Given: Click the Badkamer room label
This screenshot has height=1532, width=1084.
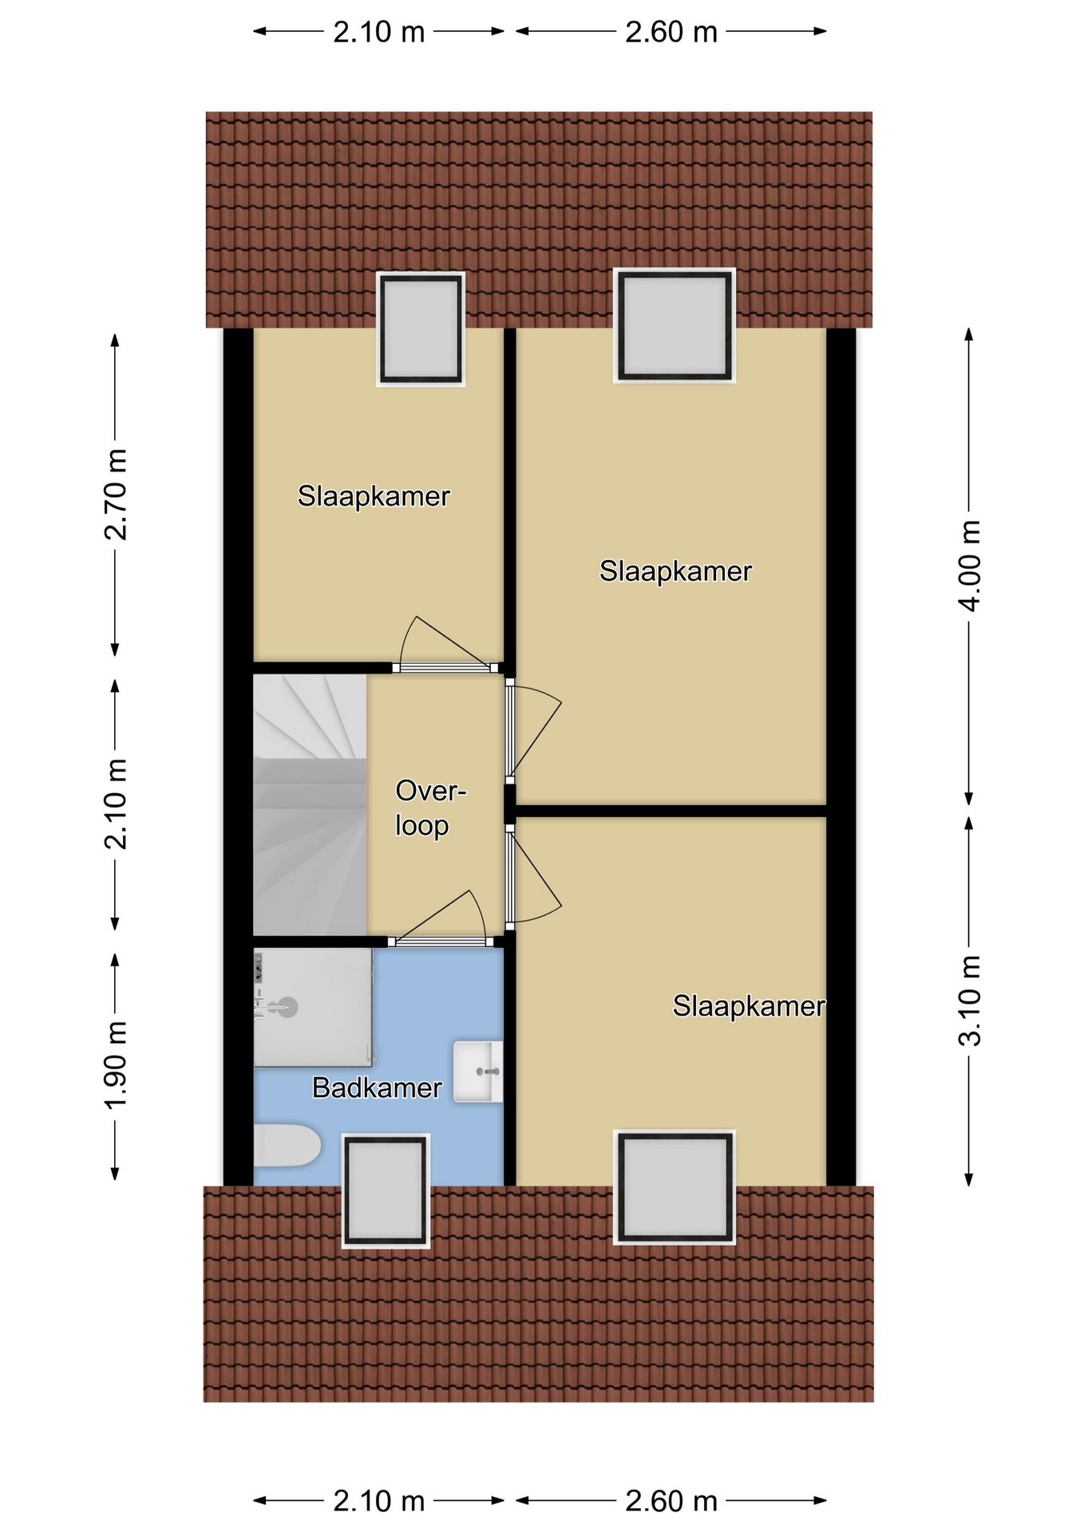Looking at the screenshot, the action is click(377, 1088).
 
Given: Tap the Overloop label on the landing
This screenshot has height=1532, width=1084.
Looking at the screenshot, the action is click(430, 807).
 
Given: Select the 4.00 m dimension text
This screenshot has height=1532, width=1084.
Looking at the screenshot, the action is click(969, 566).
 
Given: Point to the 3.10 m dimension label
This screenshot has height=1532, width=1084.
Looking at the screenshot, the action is click(969, 1001).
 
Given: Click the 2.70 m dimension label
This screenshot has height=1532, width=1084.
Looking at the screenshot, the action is click(116, 495).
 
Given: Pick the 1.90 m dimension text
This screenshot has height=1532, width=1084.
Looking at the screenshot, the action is click(116, 1064).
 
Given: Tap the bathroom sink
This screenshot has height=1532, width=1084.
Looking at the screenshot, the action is click(478, 1072).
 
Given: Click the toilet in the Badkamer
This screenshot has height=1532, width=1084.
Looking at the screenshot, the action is click(287, 1145).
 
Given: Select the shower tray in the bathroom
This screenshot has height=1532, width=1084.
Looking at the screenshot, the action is click(313, 1007).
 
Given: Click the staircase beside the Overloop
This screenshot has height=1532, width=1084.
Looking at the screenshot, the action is click(310, 805).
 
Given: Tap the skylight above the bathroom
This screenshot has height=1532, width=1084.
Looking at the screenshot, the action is click(386, 1190).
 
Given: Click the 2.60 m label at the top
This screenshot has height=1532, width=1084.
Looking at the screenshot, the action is click(671, 32).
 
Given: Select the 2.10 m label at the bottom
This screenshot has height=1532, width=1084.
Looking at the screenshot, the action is click(378, 1502).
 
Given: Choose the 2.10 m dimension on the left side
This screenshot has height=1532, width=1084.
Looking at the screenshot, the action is click(116, 804).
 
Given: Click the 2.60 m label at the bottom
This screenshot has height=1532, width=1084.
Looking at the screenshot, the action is click(671, 1502).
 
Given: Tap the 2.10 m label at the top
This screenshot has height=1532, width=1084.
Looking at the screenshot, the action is click(378, 32).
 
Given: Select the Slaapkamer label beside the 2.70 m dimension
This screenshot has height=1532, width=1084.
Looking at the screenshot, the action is click(374, 496).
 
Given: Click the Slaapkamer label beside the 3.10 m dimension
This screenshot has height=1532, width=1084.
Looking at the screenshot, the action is click(749, 1006).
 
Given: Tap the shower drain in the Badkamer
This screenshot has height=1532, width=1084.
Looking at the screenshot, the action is click(287, 1008).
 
